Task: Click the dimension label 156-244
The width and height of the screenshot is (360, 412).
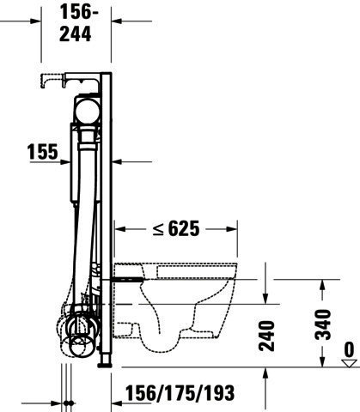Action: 78,24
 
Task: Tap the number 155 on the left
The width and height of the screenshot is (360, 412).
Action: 43,151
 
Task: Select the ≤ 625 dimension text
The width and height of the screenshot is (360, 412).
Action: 176,228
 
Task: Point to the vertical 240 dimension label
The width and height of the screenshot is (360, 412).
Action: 266,336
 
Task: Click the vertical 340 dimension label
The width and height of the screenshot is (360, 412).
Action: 322,324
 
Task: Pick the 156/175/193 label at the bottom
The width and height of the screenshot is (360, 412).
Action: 180,393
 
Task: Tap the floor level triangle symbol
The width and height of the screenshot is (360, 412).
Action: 350,363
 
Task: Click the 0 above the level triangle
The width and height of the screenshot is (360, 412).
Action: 349,350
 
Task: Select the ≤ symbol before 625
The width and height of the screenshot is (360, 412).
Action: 158,229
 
